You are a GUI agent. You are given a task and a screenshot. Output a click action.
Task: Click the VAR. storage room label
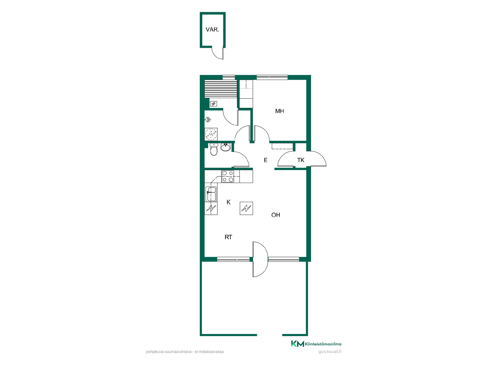(212, 29)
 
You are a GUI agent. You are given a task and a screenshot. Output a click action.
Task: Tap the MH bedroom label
(280, 111)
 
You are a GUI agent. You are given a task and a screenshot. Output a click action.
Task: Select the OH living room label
(276, 215)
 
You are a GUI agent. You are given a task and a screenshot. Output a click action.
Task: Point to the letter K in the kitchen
(228, 202)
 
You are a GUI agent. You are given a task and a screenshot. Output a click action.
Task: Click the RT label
(228, 237)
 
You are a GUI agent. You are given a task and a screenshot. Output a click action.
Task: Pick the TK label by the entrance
(301, 160)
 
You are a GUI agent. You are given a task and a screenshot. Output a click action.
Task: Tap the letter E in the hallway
(266, 160)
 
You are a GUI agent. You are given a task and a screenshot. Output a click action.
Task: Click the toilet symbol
(214, 149)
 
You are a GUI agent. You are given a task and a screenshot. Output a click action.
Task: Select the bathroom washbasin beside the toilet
(225, 147)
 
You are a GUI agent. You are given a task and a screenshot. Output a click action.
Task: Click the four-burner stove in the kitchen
(228, 176)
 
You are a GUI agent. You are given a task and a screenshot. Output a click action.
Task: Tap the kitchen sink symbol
(211, 194)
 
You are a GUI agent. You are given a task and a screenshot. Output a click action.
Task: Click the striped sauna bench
(221, 89)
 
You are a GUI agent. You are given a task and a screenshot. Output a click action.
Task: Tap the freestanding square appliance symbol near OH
(246, 208)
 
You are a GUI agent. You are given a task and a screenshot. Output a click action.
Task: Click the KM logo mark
(297, 344)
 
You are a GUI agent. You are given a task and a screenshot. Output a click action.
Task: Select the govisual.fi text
(330, 352)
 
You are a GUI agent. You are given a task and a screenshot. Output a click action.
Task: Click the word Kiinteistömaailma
(323, 344)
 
